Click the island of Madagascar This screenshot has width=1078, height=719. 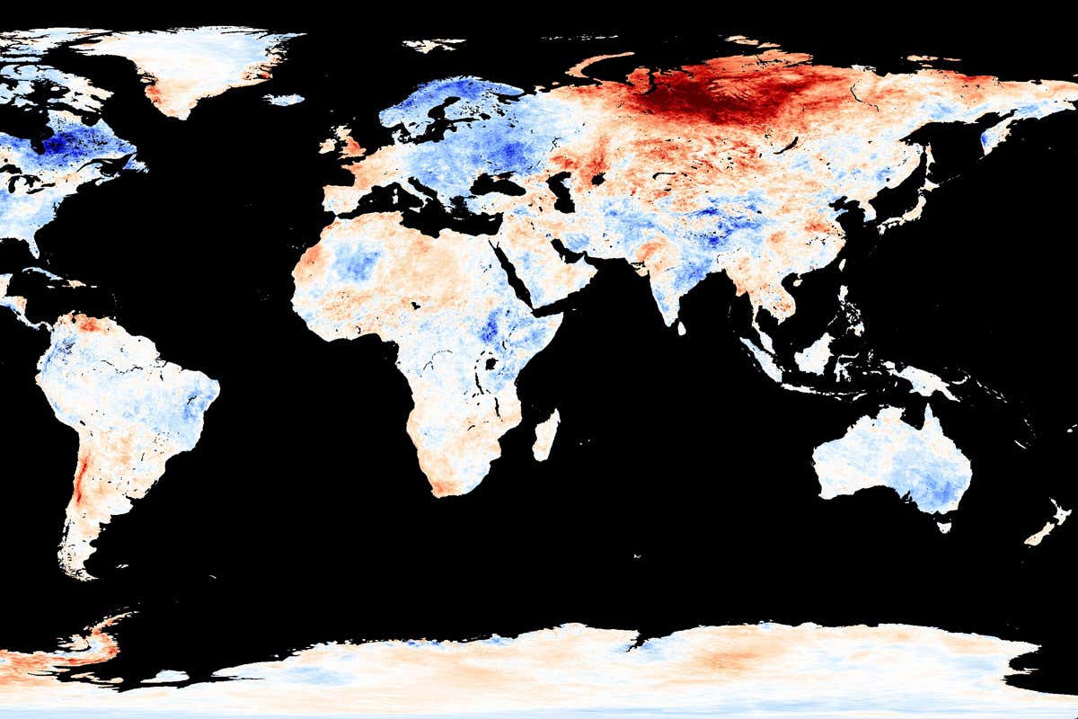click(545, 435)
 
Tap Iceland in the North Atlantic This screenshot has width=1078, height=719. click(285, 99)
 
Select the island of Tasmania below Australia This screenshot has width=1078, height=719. click(944, 527)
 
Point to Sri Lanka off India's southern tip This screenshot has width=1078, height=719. click(681, 328)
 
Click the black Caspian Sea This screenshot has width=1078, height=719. click(562, 191)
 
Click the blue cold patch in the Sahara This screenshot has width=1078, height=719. click(359, 262)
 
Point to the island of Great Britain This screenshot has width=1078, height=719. click(345, 144)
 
